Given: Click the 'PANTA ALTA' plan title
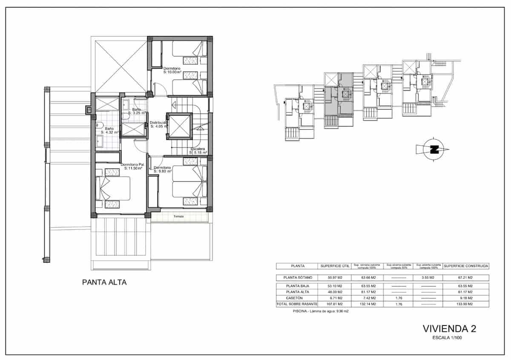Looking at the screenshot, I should pyautogui.click(x=104, y=282).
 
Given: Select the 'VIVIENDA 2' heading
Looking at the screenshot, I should pyautogui.click(x=449, y=328).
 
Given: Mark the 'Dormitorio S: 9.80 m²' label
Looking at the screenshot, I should pyautogui.click(x=162, y=170).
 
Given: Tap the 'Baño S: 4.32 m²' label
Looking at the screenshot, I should pyautogui.click(x=109, y=130).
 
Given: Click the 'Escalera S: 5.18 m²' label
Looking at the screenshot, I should pyautogui.click(x=198, y=150).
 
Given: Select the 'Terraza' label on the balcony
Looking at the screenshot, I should pyautogui.click(x=179, y=216).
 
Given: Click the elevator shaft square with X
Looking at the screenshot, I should pyautogui.click(x=179, y=126).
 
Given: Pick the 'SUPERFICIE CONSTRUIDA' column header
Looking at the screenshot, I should pyautogui.click(x=466, y=266).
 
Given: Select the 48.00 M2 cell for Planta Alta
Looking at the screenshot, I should pyautogui.click(x=335, y=292).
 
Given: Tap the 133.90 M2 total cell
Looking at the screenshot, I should pyautogui.click(x=466, y=304).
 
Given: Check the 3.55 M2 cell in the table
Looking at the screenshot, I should pyautogui.click(x=428, y=277).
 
